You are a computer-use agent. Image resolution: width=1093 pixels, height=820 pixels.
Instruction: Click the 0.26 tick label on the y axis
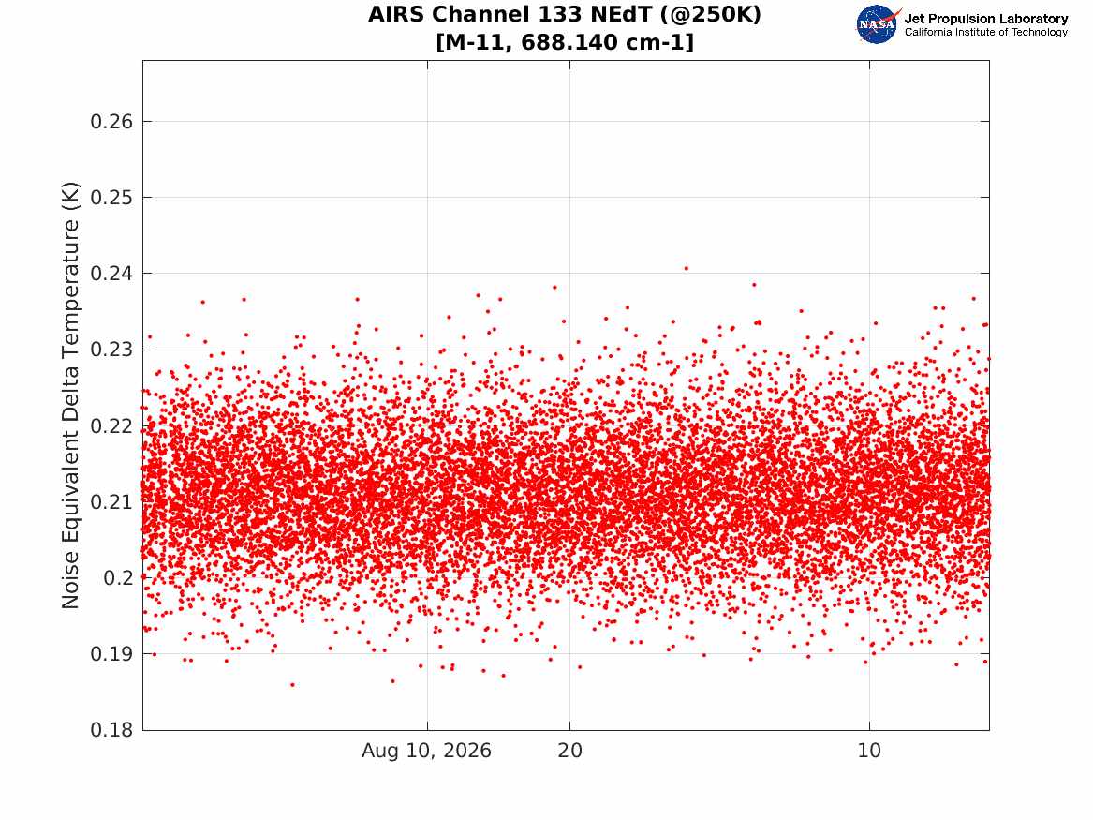tap(111, 122)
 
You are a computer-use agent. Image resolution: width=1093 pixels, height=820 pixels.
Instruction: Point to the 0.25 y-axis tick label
tap(111, 198)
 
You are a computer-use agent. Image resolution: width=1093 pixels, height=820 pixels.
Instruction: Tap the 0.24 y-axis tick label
tap(111, 274)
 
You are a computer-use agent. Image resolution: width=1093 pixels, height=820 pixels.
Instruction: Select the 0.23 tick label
tap(111, 350)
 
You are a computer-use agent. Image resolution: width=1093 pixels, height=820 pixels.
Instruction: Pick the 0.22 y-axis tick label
tap(111, 426)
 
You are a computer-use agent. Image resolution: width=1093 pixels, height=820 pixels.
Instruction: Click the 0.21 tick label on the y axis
tap(111, 502)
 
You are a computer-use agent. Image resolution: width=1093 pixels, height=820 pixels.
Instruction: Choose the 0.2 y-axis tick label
tap(118, 578)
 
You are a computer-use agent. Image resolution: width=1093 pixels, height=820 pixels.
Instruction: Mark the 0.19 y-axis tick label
tap(111, 654)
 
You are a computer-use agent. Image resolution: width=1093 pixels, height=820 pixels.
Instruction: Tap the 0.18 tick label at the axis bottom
tap(111, 730)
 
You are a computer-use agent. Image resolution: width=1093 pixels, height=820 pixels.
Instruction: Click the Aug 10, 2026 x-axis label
tap(426, 751)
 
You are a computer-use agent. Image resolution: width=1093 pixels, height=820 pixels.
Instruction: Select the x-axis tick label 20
tap(569, 751)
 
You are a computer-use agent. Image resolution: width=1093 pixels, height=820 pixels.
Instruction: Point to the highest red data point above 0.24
tap(686, 268)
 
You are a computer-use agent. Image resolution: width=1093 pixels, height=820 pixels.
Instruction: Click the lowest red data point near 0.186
tap(292, 685)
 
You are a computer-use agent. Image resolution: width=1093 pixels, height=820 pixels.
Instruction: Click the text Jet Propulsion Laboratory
tap(986, 19)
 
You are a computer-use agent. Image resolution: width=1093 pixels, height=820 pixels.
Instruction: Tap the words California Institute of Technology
tap(986, 32)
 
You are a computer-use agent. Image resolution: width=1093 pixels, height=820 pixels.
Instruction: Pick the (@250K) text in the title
tap(711, 15)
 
